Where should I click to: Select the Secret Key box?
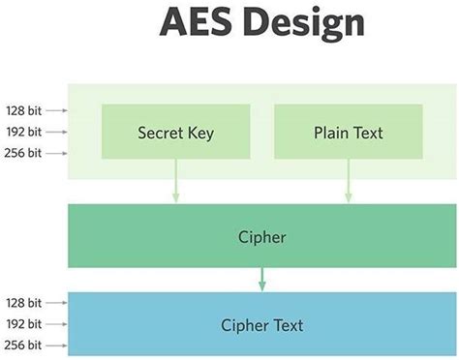click(175, 133)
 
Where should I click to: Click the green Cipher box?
click(261, 236)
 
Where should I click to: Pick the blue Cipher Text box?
click(261, 324)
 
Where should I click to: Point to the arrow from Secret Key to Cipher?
click(175, 182)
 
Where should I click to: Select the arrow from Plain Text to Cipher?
click(348, 182)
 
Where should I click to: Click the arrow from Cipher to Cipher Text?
click(261, 279)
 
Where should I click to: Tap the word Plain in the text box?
click(330, 133)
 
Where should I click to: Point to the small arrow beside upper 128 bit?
click(56, 111)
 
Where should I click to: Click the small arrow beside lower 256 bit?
click(56, 345)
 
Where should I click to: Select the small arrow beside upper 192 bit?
click(56, 132)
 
